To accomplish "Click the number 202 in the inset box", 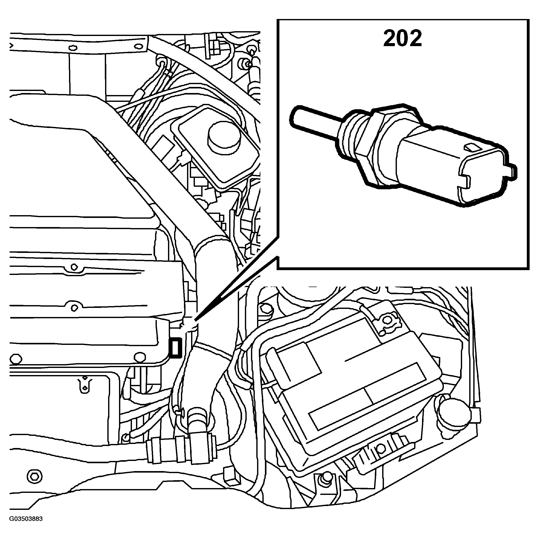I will (402, 39).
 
